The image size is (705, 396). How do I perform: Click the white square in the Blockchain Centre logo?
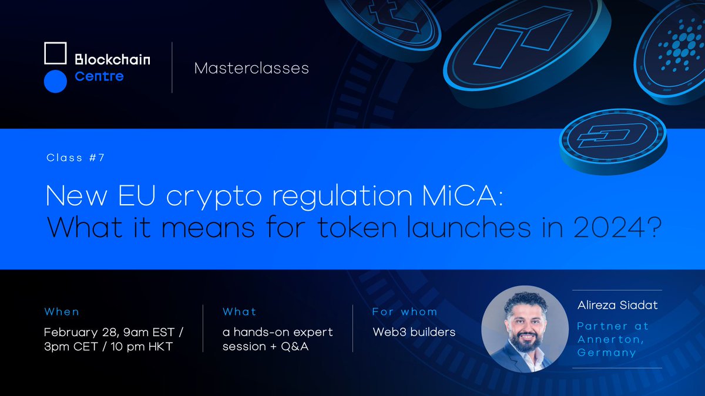(x=56, y=53)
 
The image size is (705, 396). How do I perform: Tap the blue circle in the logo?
(x=56, y=82)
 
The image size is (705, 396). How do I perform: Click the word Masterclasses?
(x=251, y=68)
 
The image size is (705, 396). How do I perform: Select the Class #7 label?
(x=75, y=158)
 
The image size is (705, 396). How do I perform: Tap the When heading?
(x=61, y=312)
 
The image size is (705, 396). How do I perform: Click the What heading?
(x=239, y=312)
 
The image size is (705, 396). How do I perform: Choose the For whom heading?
(x=404, y=312)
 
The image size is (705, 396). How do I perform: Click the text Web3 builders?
(x=414, y=332)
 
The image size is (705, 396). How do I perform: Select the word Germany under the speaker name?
(x=606, y=353)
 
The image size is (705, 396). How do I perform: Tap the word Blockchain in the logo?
(x=112, y=59)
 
